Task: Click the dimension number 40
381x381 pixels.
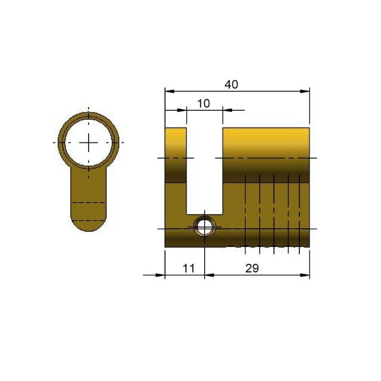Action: (x=231, y=85)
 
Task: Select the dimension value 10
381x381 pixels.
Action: (x=203, y=104)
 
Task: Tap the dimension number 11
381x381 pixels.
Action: (x=188, y=268)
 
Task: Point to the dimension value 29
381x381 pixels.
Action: (x=252, y=268)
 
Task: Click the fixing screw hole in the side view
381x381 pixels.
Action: (x=205, y=227)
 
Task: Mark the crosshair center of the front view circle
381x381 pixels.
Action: (x=88, y=143)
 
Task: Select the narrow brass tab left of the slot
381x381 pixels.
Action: (x=176, y=179)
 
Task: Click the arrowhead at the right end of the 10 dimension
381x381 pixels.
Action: (x=227, y=110)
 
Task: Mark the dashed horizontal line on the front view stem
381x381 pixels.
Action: (x=88, y=204)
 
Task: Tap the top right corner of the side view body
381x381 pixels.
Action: (x=310, y=127)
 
